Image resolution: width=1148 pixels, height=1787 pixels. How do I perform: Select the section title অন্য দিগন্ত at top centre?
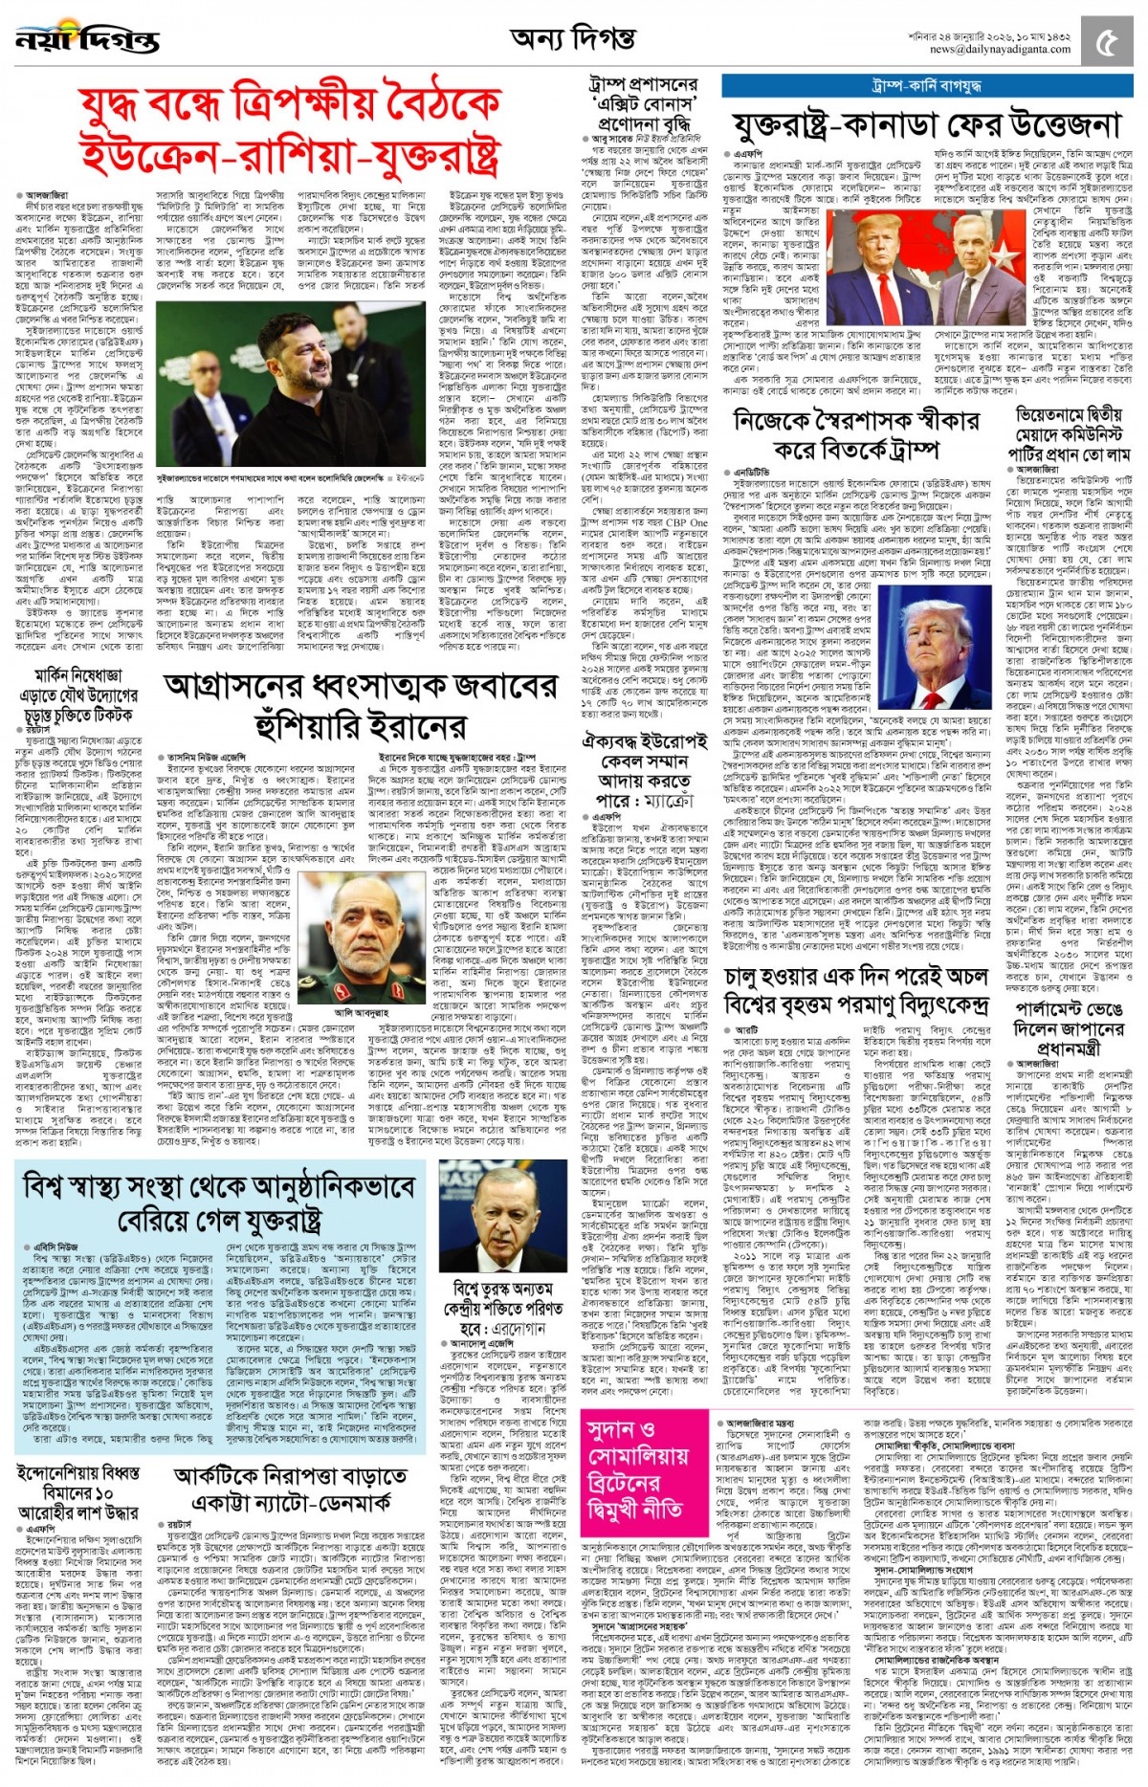pyautogui.click(x=573, y=38)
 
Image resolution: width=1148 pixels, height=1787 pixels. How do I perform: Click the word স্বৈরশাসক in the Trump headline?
pyautogui.click(x=865, y=420)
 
